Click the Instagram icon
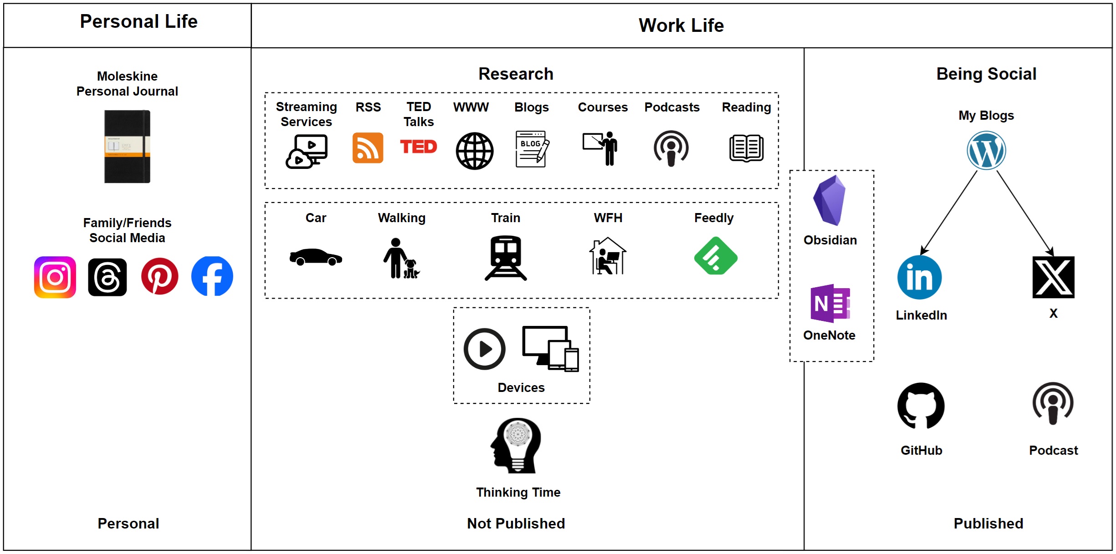55,277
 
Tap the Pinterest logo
159,276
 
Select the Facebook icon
212,276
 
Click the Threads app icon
108,277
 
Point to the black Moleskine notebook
127,147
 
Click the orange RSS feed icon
368,148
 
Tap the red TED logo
418,147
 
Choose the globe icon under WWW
474,151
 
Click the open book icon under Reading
746,148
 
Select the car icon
316,257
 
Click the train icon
506,258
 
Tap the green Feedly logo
716,256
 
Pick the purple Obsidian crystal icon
829,200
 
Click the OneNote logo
830,303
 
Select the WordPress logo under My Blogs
986,151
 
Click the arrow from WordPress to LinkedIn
949,213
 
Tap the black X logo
1053,277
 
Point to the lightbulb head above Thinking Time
517,445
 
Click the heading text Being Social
986,74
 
